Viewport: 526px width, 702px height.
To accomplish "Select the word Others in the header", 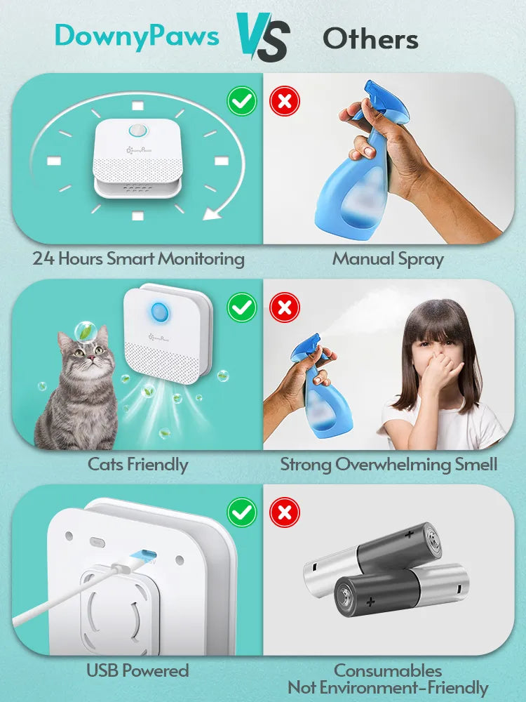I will [370, 39].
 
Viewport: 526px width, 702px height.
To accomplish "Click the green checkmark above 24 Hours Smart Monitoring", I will [242, 102].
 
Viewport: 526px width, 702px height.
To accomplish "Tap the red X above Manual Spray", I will [285, 102].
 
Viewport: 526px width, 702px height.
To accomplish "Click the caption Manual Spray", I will [388, 258].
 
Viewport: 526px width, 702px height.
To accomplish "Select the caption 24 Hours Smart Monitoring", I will [138, 258].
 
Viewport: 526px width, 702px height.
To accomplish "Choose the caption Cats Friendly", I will [137, 464].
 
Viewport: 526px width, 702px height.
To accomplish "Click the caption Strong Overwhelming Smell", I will [389, 464].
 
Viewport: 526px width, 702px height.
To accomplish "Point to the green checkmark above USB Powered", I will [242, 512].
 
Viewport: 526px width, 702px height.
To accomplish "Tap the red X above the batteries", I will [285, 512].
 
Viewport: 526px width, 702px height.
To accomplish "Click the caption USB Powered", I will [137, 670].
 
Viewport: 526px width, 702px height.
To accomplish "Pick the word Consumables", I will [388, 670].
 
